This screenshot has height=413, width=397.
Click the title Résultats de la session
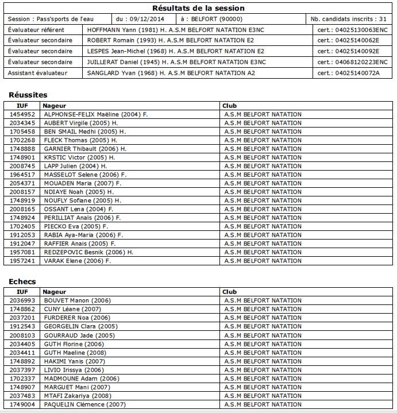(x=198, y=8)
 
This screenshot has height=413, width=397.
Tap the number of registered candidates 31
(x=383, y=19)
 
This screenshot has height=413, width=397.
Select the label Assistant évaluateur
(x=37, y=73)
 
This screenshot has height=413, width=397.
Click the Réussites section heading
(x=28, y=95)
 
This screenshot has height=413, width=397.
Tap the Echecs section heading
(x=22, y=281)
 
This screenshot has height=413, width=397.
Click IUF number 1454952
(x=22, y=114)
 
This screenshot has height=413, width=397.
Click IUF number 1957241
(x=22, y=261)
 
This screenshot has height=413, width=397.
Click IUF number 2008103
(x=22, y=335)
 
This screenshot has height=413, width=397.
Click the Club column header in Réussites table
(x=230, y=106)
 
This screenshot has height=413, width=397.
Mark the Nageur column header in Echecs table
(x=55, y=292)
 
